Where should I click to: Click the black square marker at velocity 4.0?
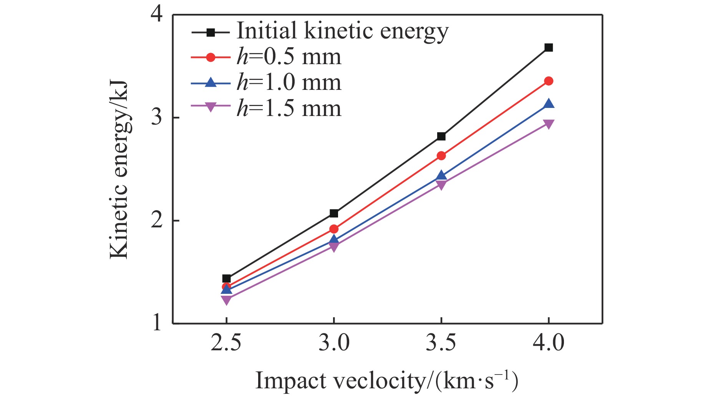[549, 48]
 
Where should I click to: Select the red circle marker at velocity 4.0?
[549, 81]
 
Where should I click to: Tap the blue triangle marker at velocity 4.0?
[549, 104]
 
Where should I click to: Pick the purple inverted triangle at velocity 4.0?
[549, 124]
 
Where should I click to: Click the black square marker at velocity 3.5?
[441, 136]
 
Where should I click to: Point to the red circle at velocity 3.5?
[441, 156]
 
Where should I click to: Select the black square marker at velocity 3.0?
[334, 213]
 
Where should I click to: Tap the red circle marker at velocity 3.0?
[334, 229]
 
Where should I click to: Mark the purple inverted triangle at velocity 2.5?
[226, 300]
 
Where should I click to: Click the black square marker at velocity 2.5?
[226, 279]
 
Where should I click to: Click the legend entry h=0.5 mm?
[289, 57]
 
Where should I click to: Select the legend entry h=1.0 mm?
[289, 83]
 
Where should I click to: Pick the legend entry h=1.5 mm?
[289, 108]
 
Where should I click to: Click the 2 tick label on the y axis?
[156, 220]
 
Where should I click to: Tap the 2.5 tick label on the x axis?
[226, 342]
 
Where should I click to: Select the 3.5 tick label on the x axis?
[441, 342]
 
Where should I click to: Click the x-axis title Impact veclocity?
[386, 381]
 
